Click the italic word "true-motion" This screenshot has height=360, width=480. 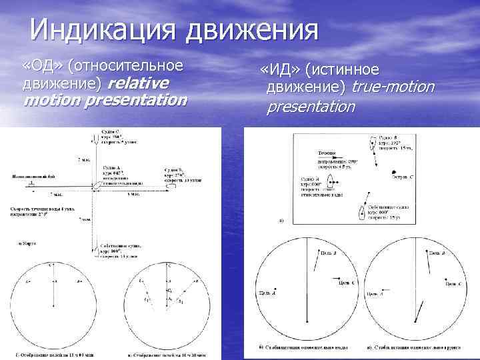pos(393,87)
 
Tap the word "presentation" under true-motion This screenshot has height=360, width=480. pos(311,106)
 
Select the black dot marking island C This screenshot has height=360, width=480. pos(395,171)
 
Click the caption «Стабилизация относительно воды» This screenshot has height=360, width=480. pos(299,348)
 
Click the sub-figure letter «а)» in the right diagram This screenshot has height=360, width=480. pos(281,220)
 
